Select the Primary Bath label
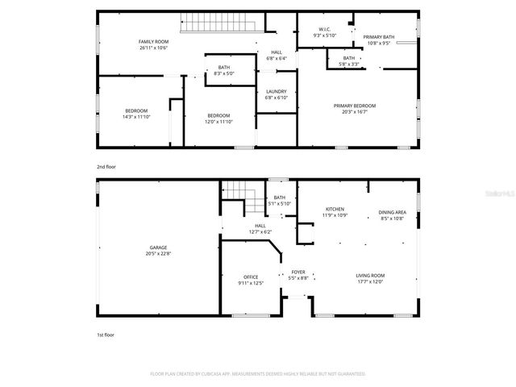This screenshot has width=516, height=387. click(377, 37)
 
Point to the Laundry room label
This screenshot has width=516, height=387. click(277, 92)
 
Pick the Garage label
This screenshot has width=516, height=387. click(158, 248)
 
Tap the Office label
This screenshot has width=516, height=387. click(251, 277)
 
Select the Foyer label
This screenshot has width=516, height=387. click(298, 273)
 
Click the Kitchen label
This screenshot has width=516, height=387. click(335, 209)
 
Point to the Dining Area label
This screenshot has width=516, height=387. click(392, 213)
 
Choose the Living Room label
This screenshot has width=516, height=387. click(370, 277)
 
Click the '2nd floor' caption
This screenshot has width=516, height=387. click(106, 166)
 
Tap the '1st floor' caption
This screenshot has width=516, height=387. click(106, 334)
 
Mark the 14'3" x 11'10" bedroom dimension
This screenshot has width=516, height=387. click(135, 117)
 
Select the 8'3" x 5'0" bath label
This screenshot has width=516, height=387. click(223, 73)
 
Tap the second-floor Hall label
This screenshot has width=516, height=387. click(276, 55)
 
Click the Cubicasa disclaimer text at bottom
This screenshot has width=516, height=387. click(258, 374)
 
